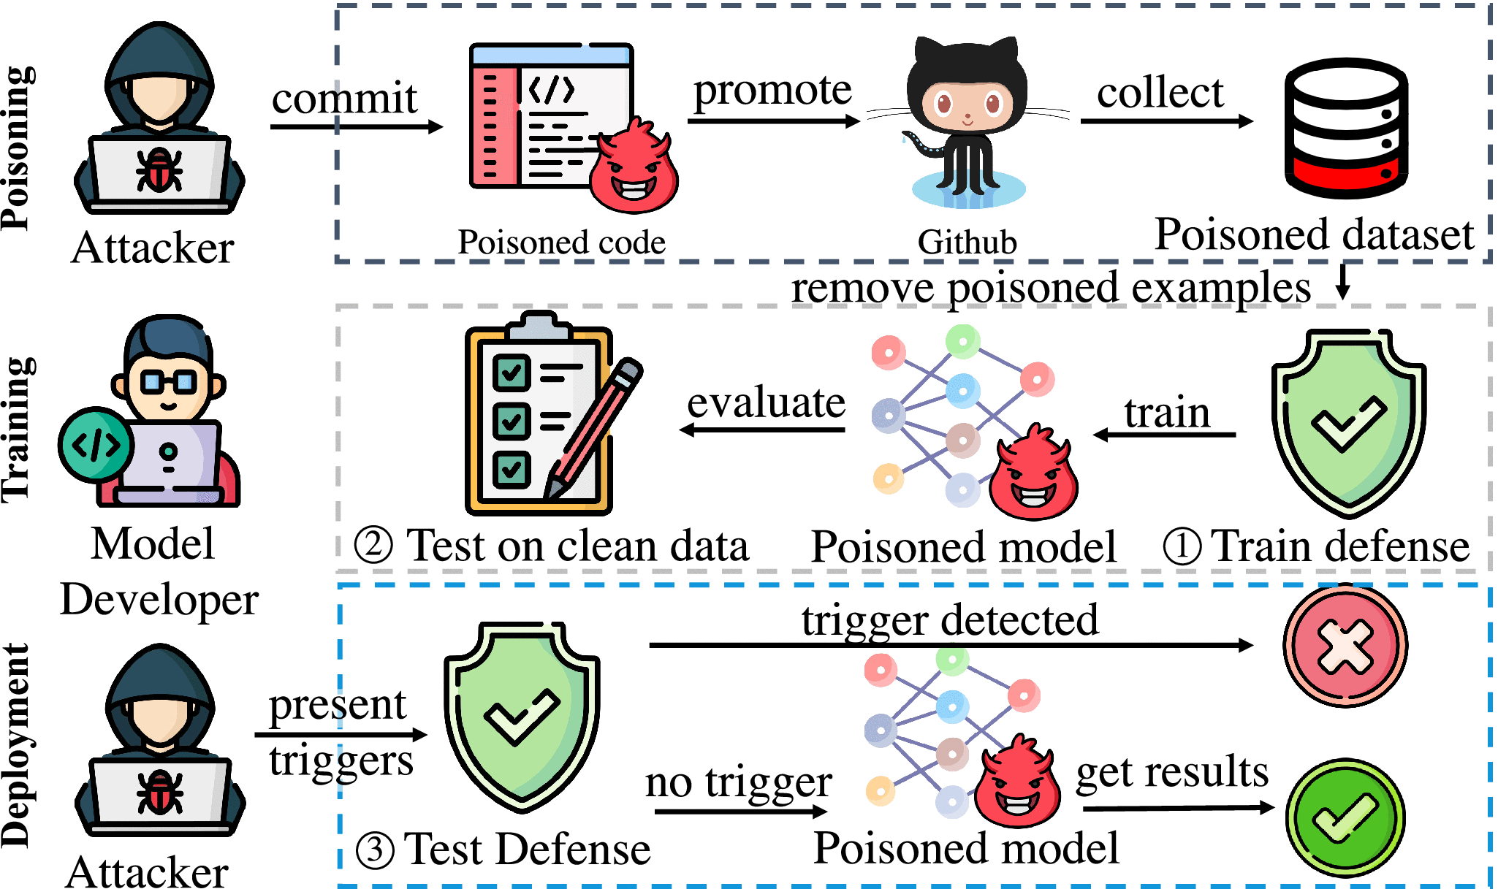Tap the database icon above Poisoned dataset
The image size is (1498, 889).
1346,129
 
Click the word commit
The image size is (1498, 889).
344,99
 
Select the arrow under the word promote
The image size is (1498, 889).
773,121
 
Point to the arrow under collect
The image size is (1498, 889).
1166,121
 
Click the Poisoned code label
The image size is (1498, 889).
561,243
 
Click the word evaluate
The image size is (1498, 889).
766,402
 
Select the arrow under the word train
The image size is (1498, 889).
1165,435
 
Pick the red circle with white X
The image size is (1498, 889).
1345,646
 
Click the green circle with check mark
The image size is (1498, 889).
1345,817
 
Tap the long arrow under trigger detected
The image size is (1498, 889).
950,645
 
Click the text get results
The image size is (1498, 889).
1172,772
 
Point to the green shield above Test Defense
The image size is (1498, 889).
522,716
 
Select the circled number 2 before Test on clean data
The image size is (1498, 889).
373,546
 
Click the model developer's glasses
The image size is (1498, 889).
168,381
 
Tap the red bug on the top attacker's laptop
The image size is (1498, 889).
159,169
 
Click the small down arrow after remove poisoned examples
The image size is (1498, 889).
1342,283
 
